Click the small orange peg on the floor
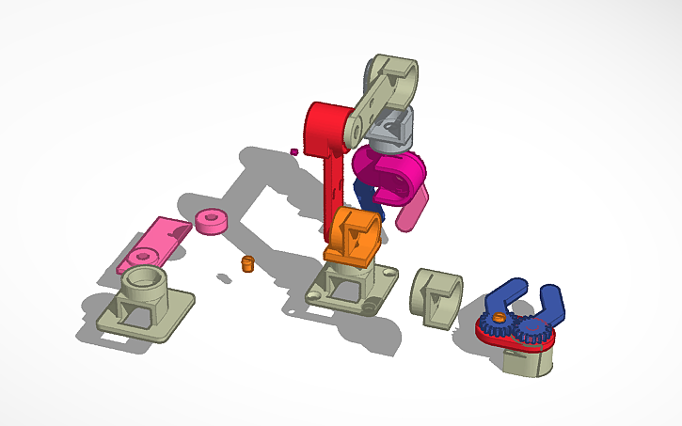248,263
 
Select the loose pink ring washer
212,221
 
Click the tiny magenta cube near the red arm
294,150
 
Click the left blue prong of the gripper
503,296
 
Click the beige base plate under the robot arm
353,292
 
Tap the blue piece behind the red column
364,197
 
